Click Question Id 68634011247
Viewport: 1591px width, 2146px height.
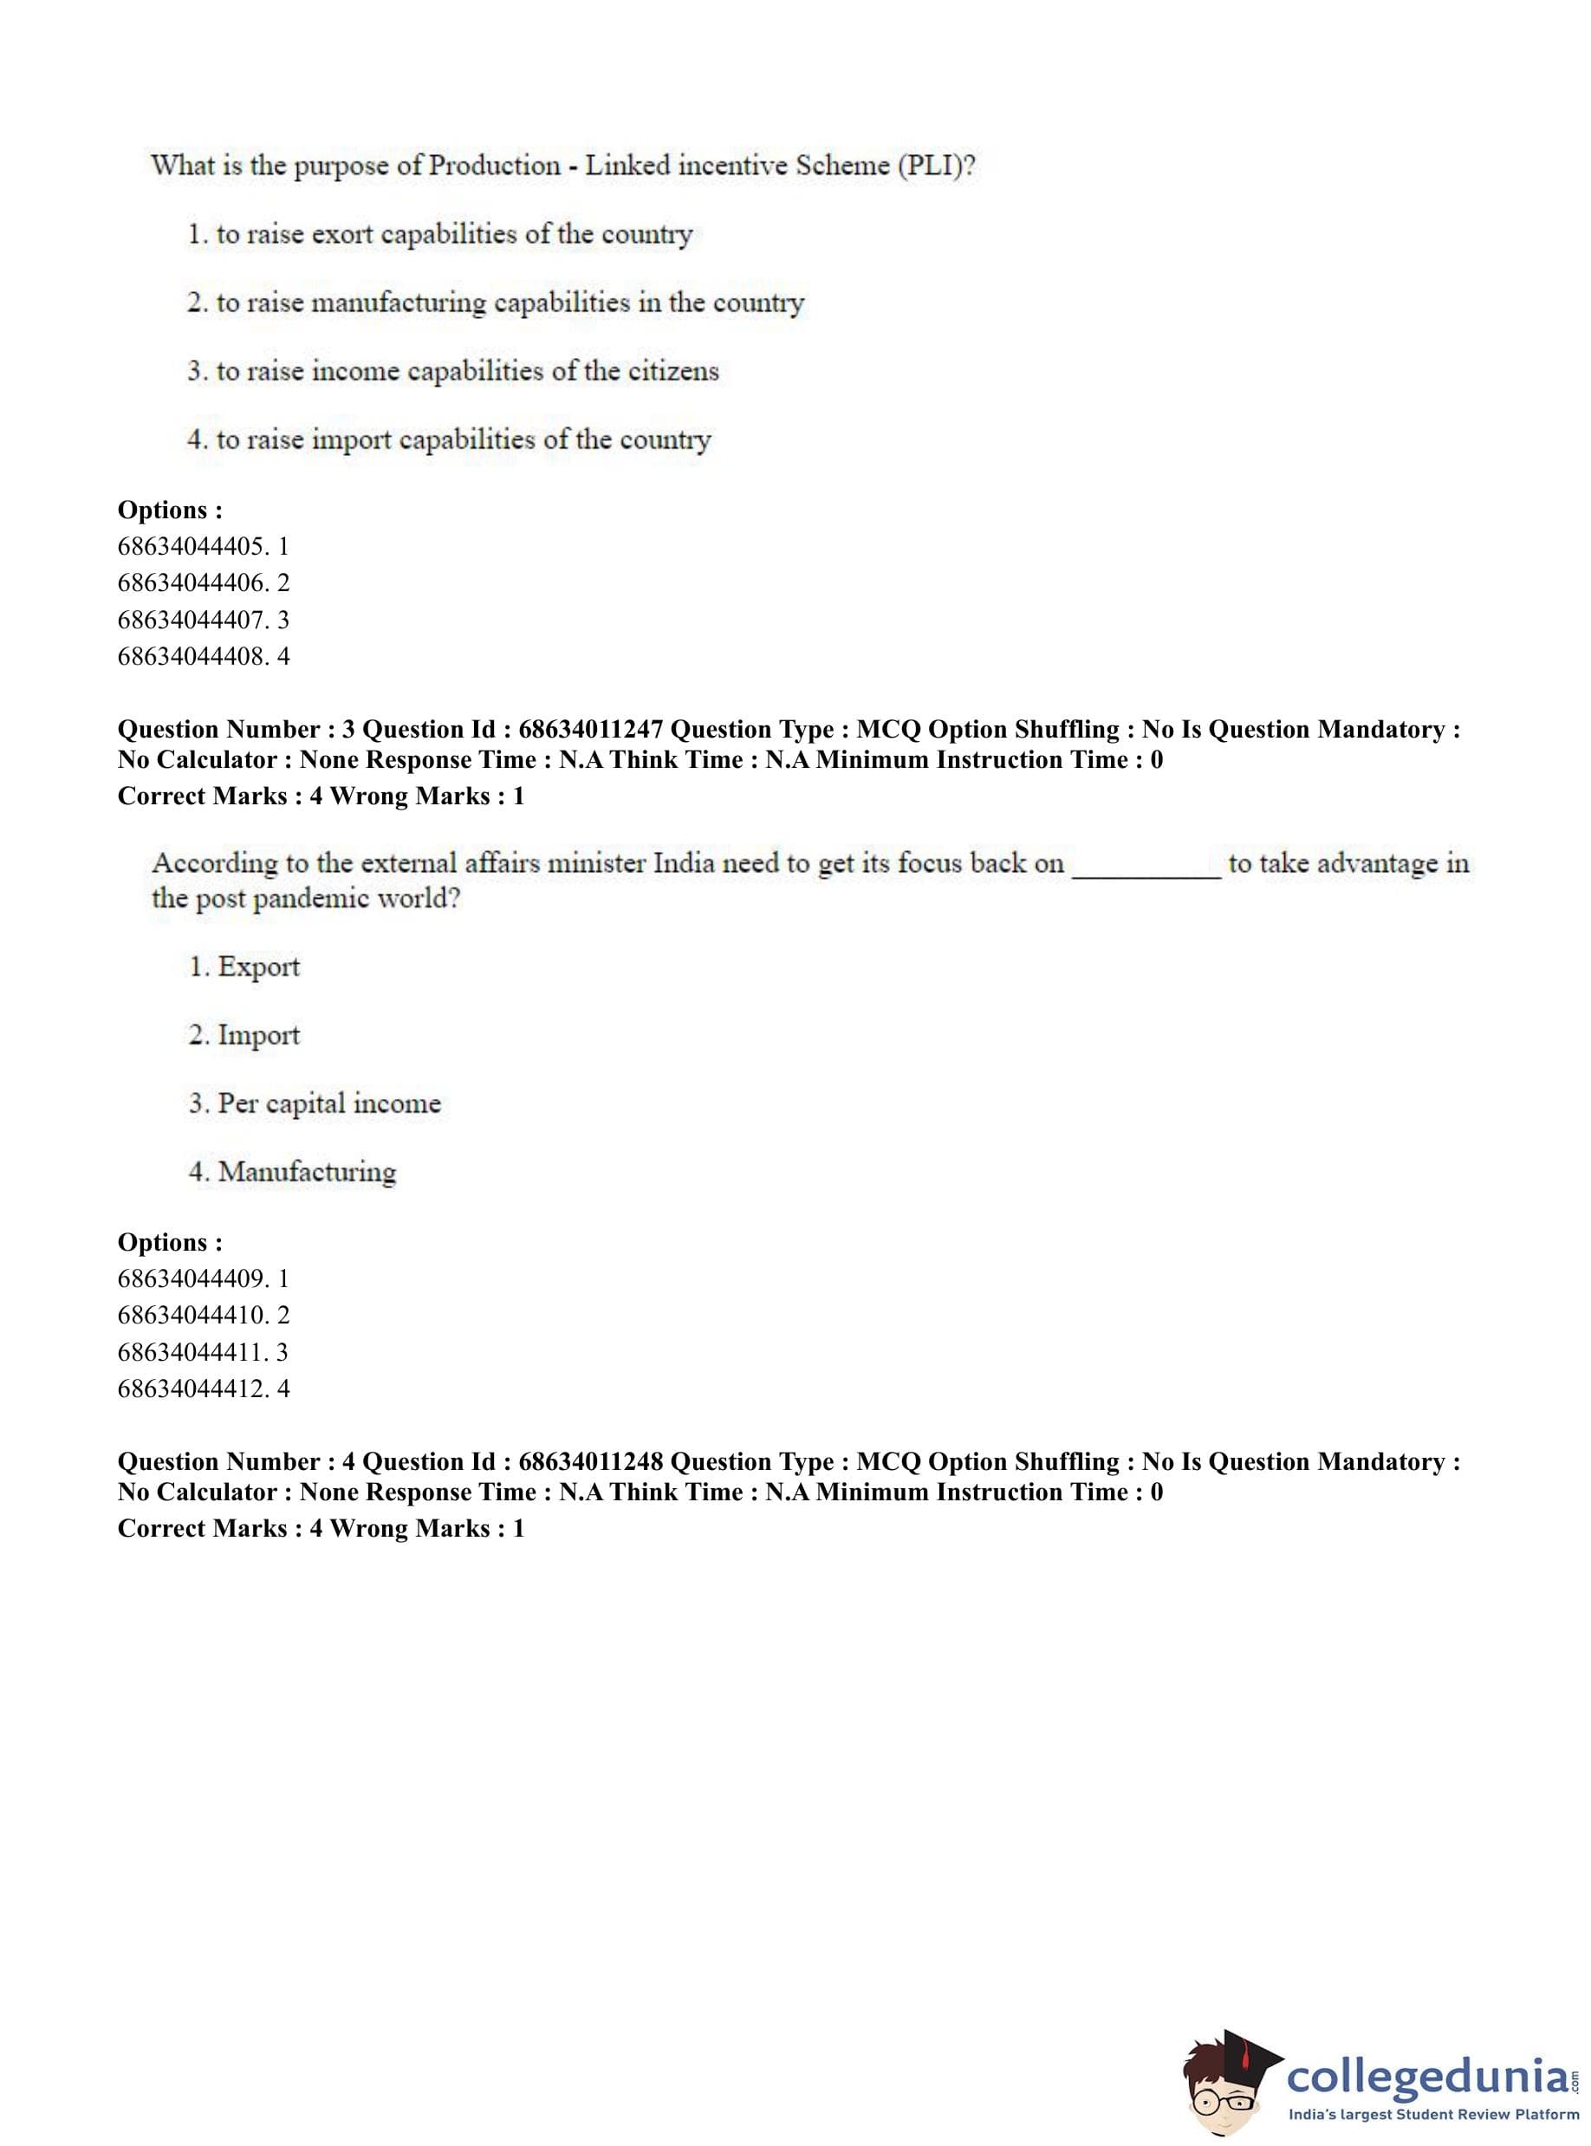coord(589,729)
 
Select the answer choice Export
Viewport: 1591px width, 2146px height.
coord(258,967)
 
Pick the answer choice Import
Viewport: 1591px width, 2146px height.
coord(258,1036)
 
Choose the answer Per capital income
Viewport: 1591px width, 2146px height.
coord(328,1104)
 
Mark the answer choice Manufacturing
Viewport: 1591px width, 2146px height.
coord(306,1172)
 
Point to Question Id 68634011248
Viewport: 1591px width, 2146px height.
coord(589,1461)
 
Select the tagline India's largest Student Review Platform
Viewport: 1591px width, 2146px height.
coord(1433,2114)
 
